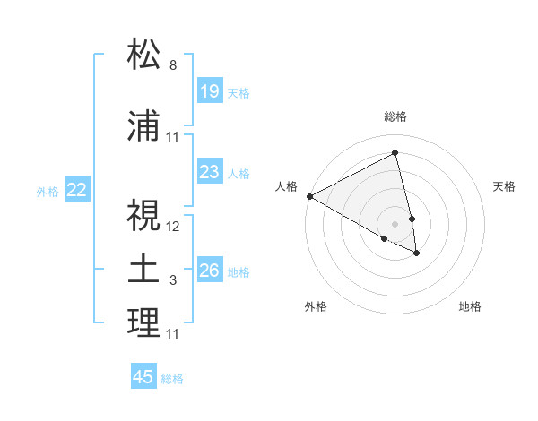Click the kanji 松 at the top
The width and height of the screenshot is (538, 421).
tap(144, 56)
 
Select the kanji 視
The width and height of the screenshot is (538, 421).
tap(144, 215)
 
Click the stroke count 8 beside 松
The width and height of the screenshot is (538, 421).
tap(173, 65)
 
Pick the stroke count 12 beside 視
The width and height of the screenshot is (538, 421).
tap(173, 226)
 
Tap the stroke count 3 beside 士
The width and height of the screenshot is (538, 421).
tap(173, 281)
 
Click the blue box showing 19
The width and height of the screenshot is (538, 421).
tap(209, 91)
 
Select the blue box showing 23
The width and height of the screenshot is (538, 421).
tap(209, 172)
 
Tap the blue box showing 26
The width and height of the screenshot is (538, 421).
tap(209, 271)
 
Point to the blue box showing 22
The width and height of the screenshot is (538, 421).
tap(77, 190)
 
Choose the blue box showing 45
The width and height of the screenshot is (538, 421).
tap(143, 377)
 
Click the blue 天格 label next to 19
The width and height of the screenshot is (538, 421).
tap(239, 92)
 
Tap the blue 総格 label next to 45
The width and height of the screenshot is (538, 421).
tap(172, 379)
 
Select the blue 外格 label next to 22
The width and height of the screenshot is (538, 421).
tap(48, 191)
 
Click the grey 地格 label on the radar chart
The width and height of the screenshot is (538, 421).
tap(470, 307)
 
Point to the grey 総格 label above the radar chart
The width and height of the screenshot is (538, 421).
tap(395, 116)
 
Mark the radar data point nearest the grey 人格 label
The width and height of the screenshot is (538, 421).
tap(309, 196)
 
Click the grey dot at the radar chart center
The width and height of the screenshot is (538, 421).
tap(395, 223)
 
